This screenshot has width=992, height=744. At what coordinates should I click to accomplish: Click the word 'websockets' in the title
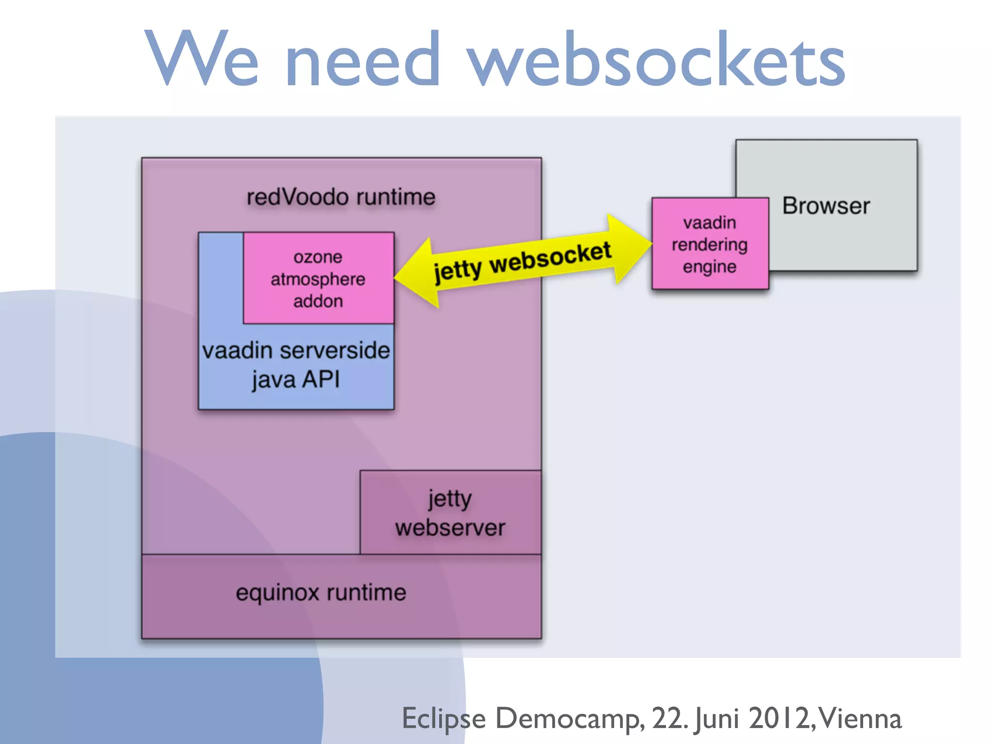656,60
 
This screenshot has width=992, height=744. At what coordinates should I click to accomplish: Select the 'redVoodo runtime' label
341,197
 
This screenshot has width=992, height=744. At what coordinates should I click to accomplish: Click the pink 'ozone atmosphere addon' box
318,279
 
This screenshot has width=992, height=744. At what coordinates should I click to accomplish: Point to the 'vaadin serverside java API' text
296,364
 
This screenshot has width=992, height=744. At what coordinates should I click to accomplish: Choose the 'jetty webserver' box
450,513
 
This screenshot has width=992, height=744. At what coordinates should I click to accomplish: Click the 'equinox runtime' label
321,592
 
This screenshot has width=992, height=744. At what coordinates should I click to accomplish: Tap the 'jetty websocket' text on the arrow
522,262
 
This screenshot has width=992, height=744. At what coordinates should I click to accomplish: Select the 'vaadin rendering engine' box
710,244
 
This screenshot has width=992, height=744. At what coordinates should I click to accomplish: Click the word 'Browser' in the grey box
826,206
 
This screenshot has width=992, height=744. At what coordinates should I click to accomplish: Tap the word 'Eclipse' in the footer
444,718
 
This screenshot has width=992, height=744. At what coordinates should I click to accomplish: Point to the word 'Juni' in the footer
717,718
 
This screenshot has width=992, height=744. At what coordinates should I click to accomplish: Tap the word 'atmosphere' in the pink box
318,279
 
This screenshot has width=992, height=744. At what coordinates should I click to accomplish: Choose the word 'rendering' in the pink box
710,245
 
